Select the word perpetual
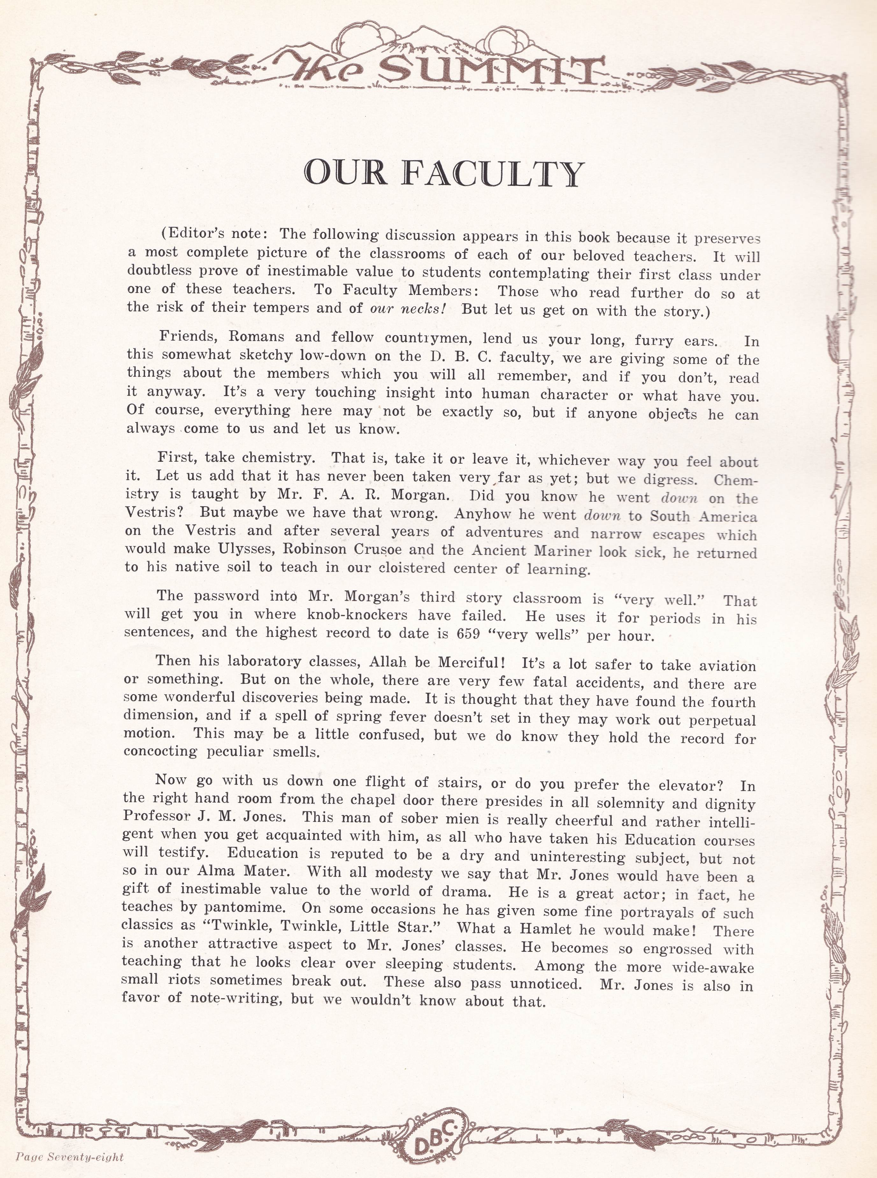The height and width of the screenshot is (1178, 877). click(722, 721)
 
